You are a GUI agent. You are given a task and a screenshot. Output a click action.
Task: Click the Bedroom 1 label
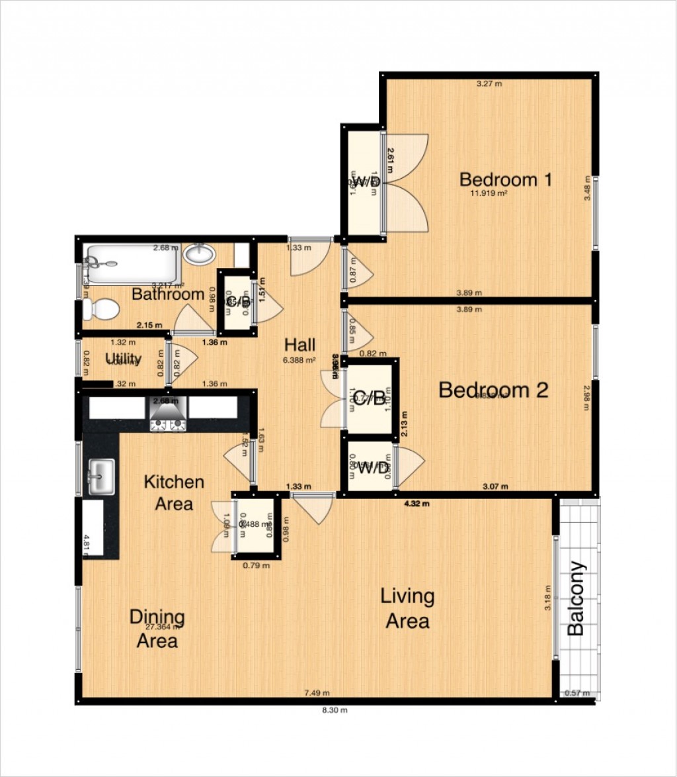click(506, 179)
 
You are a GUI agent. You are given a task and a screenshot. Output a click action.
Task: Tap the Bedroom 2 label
click(493, 390)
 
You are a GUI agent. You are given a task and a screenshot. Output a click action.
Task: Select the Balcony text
click(577, 598)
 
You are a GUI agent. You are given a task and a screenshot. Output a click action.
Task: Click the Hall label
click(299, 345)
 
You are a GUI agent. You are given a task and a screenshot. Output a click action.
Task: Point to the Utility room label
click(124, 359)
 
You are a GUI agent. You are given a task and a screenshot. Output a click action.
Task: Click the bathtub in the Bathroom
click(130, 263)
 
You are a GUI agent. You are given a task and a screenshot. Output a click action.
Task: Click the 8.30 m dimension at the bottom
click(335, 710)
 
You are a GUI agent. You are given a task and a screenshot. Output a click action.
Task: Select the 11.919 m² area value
click(489, 194)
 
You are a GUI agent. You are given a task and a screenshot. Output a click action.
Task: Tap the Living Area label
click(407, 608)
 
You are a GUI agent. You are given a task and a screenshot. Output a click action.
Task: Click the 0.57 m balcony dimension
click(577, 694)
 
